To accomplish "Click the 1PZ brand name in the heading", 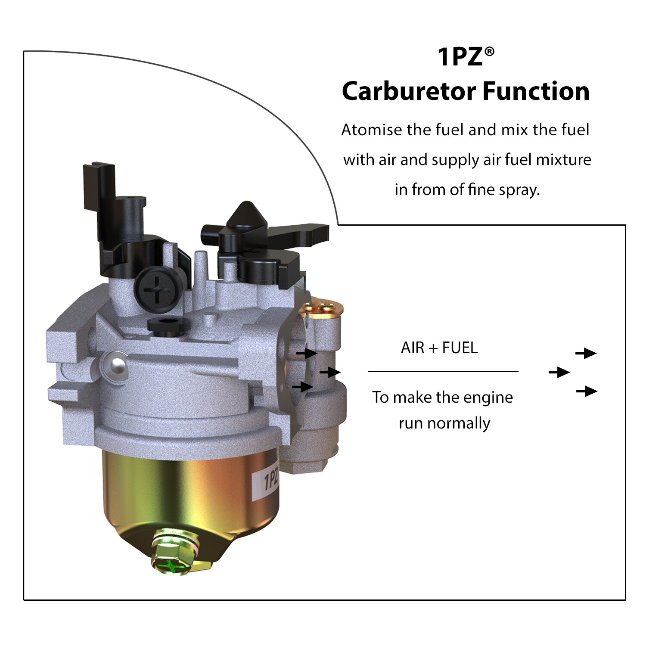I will [x=460, y=57].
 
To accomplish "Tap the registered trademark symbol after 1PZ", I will [x=489, y=52].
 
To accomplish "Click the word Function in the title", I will [x=536, y=91].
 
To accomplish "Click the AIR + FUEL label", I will [x=439, y=348].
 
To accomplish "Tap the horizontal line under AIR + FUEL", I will [x=443, y=371].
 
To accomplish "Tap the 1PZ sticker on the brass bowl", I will [x=268, y=480].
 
